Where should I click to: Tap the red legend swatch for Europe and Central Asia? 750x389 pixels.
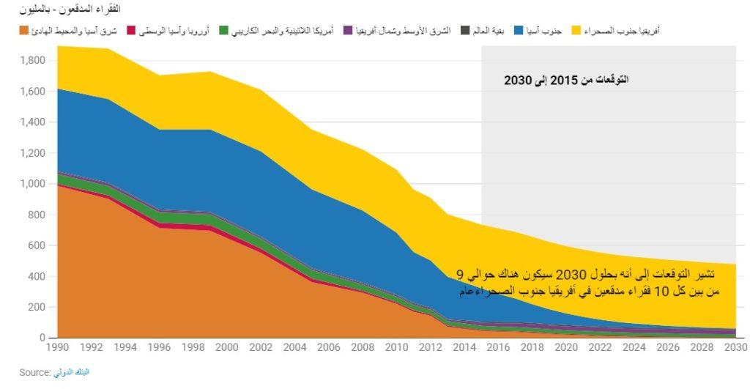click(x=131, y=31)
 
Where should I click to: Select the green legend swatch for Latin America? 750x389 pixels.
click(x=223, y=31)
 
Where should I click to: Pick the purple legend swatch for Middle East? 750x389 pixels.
click(x=348, y=31)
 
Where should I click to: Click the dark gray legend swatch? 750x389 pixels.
click(x=465, y=31)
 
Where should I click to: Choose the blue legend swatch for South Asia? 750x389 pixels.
click(x=519, y=31)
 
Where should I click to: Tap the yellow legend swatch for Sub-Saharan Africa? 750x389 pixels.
click(x=576, y=31)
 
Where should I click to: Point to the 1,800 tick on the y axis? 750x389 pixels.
click(x=33, y=60)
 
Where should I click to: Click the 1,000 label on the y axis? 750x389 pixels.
click(x=33, y=184)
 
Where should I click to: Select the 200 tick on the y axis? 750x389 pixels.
click(x=37, y=307)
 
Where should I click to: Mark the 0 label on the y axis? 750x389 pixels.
click(x=42, y=338)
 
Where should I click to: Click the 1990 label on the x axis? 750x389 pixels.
click(x=57, y=347)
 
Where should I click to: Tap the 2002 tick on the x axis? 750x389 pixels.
click(x=261, y=347)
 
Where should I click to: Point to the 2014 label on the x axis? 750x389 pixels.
click(x=464, y=347)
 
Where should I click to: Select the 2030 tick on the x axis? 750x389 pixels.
click(x=735, y=347)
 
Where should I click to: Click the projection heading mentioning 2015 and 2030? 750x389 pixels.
click(x=566, y=80)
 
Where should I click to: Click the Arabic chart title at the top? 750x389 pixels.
click(x=70, y=9)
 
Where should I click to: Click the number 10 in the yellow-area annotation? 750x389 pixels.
click(x=661, y=292)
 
